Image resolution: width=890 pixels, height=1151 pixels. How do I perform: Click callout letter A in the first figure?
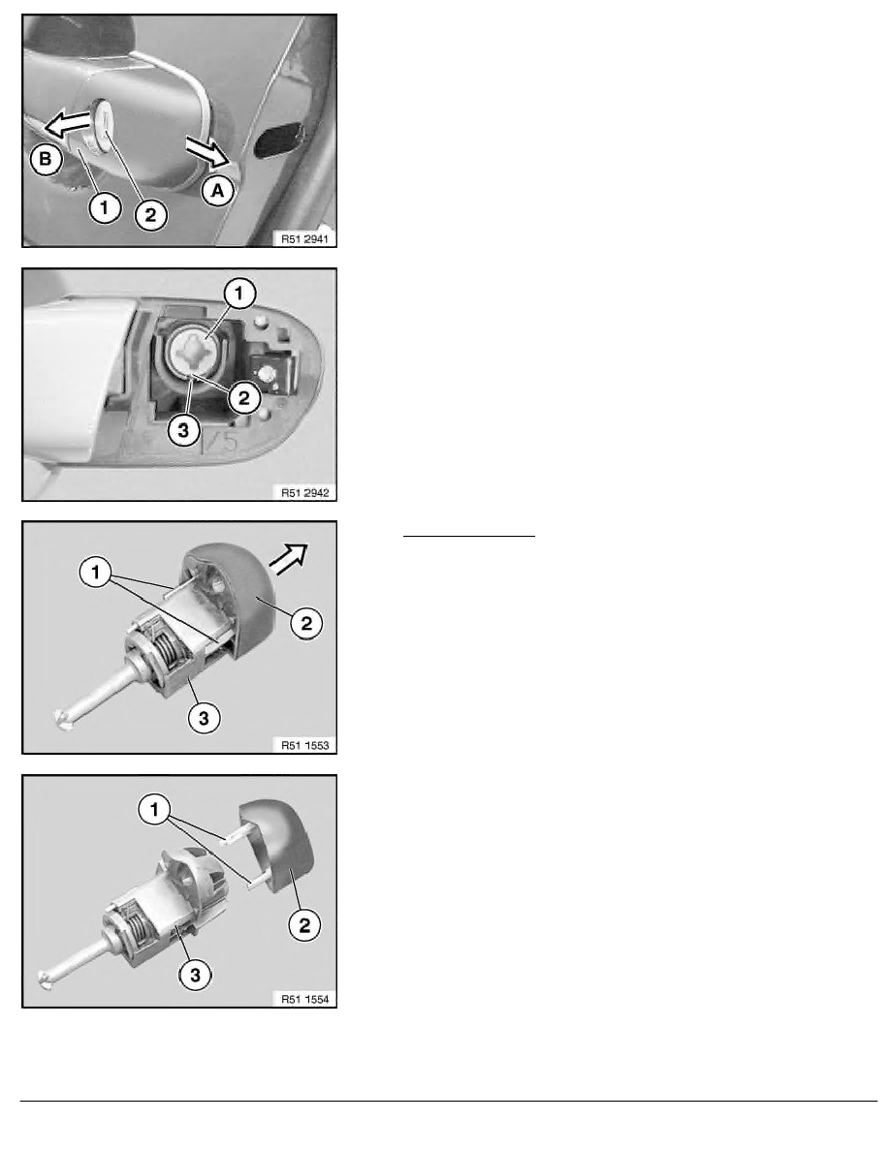click(218, 192)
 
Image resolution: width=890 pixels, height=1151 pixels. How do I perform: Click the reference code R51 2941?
click(304, 237)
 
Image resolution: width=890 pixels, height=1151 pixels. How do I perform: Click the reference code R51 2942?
click(304, 491)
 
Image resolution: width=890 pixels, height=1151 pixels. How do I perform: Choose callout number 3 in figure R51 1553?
click(202, 718)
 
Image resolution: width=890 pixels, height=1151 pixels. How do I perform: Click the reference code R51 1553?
click(304, 743)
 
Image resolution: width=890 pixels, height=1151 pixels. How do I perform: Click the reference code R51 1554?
click(304, 997)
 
